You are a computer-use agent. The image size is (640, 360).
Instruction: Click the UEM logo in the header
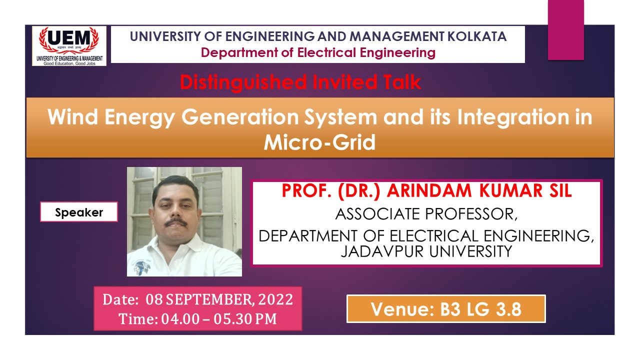coord(69,45)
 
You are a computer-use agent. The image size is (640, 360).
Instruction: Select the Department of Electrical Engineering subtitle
coord(318,52)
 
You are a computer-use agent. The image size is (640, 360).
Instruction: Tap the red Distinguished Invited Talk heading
coord(300,82)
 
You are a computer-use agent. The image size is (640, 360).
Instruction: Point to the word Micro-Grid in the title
coord(319,143)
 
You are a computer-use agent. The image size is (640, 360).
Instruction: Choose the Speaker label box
coord(79,212)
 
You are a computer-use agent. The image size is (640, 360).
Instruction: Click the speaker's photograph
coord(184,221)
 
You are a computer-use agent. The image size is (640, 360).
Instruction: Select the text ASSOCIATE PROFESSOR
coord(426,214)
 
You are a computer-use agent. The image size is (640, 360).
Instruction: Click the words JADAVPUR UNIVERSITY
coord(426,251)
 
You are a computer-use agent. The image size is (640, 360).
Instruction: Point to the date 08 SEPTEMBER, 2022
coord(219,300)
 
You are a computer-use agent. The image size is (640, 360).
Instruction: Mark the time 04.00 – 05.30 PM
coord(218,319)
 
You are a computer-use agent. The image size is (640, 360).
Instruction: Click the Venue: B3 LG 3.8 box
coord(445,309)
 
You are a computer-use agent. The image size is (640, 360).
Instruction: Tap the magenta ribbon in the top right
coord(565,30)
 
